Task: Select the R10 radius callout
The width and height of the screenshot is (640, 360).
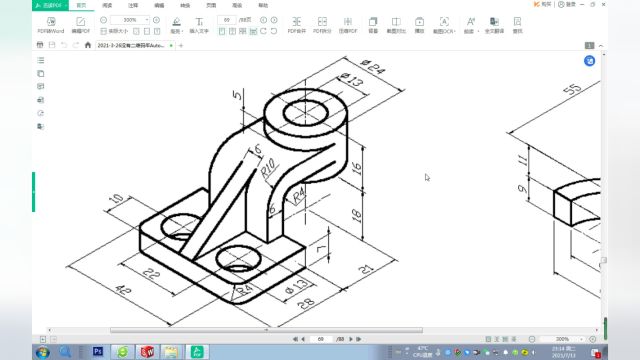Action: pos(268,167)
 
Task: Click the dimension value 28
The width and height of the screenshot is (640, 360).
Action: pos(306,301)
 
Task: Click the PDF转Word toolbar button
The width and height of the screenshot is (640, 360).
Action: pos(49,24)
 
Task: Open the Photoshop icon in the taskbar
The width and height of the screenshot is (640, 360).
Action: pos(98,351)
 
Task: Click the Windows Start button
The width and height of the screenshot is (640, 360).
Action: pos(44,351)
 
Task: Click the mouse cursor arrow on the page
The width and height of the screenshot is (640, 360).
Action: pos(427,178)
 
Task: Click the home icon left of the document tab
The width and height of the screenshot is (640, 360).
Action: pos(88,45)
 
